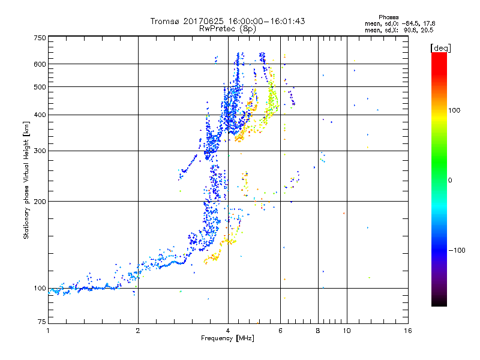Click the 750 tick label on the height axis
40,38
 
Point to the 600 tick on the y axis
40,64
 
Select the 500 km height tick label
40,87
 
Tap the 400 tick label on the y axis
40,115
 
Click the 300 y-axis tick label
40,151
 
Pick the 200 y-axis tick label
40,201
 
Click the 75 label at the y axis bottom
42,322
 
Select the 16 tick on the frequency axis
407,331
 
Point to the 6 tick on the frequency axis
280,331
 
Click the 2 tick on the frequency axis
138,331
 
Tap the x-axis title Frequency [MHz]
227,339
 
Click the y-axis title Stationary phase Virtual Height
26,180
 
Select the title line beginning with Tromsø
228,21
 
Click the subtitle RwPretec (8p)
228,28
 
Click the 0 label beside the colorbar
449,180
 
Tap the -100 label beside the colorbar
457,250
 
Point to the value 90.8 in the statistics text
409,29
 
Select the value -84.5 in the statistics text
409,23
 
